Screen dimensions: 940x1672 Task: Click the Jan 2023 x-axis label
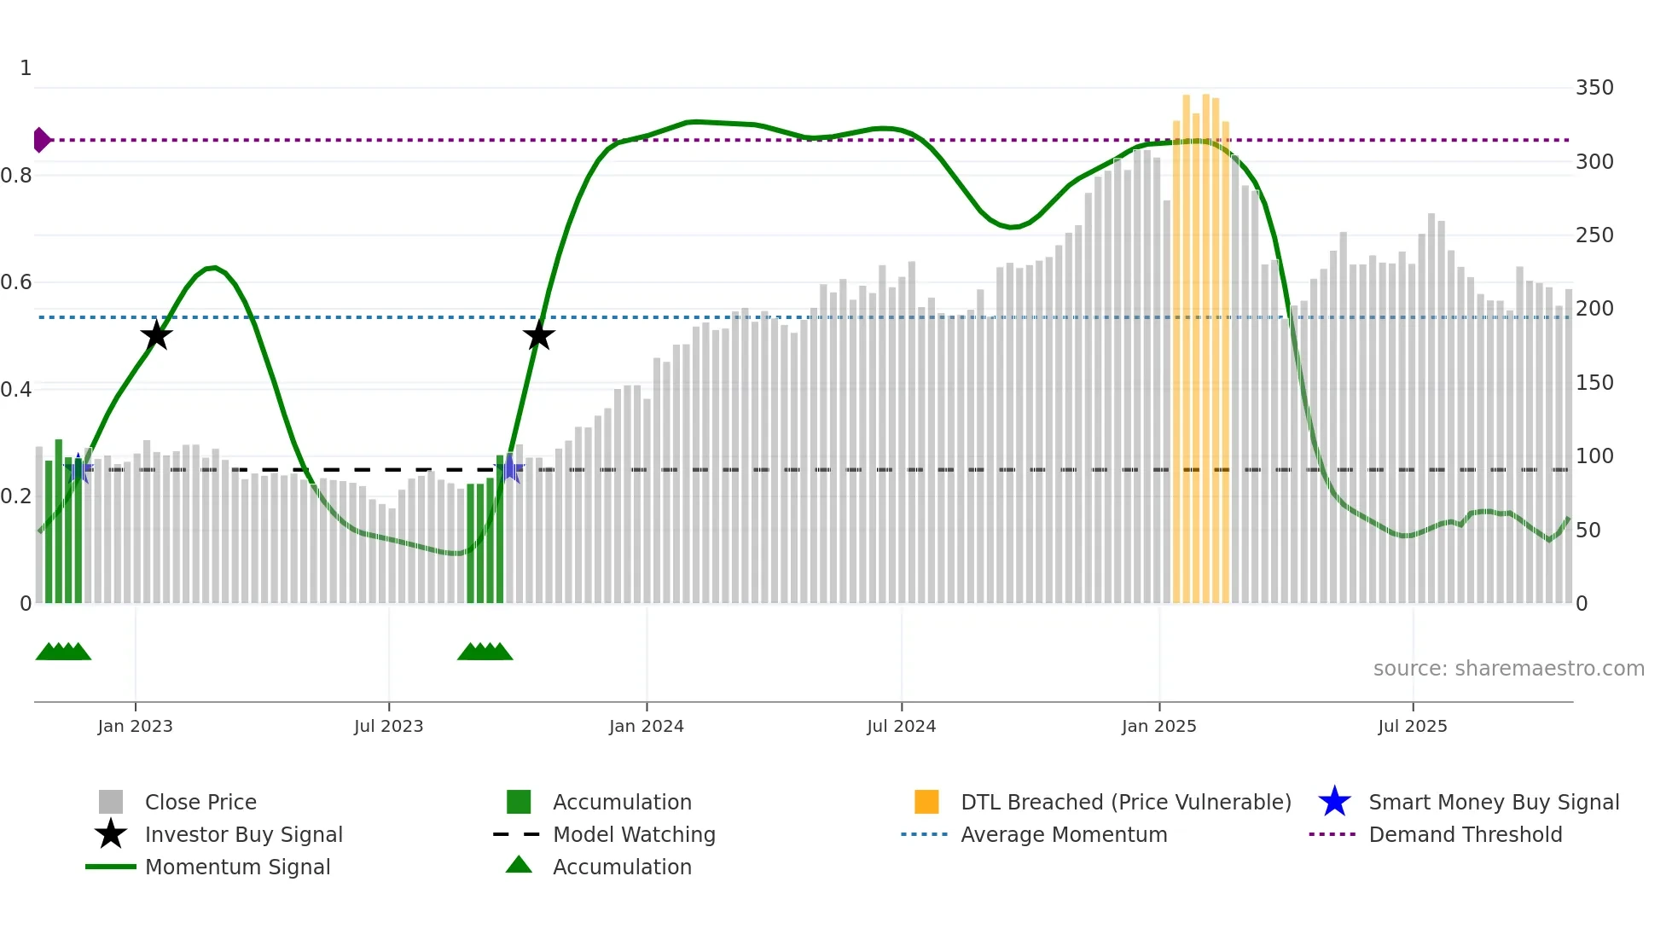135,726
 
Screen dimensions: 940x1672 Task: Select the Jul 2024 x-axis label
901,726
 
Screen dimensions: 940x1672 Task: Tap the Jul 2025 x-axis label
1412,726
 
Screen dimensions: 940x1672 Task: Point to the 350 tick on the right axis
1594,88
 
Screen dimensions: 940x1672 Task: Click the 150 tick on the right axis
1594,383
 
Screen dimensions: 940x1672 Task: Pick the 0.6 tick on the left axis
16,282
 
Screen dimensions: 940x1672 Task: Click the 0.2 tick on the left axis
16,496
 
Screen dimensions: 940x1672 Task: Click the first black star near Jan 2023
156,335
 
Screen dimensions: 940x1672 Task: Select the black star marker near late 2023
538,335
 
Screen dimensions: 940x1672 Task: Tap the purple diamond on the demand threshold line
41,140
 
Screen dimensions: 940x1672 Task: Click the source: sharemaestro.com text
1508,669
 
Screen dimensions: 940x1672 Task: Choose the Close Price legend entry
200,802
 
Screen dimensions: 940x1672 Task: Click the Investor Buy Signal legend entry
243,834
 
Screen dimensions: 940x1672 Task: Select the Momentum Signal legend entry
237,867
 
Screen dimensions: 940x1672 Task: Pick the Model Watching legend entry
634,834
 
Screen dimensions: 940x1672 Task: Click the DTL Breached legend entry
1125,802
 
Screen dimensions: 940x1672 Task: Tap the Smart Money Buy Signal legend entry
1493,802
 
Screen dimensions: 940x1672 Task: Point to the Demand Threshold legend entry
1465,834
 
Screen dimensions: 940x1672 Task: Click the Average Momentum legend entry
1063,834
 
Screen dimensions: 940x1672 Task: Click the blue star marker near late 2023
510,468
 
